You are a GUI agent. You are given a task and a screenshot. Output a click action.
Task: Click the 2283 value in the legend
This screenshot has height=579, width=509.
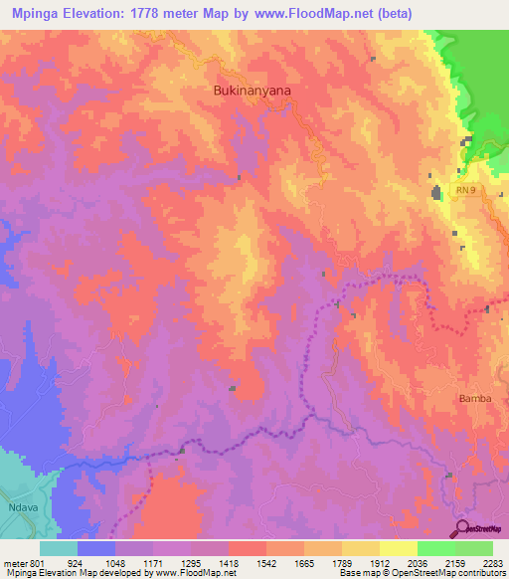492,562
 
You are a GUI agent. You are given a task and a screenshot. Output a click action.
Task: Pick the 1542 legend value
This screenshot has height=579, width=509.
265,562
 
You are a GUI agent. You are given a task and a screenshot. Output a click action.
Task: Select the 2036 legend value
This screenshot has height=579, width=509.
417,562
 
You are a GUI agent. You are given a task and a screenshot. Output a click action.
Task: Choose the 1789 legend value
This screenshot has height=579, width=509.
341,562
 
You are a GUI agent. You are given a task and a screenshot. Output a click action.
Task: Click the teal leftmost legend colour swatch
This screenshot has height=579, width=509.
59,548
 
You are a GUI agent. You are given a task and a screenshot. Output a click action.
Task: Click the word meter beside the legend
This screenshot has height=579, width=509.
13,562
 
